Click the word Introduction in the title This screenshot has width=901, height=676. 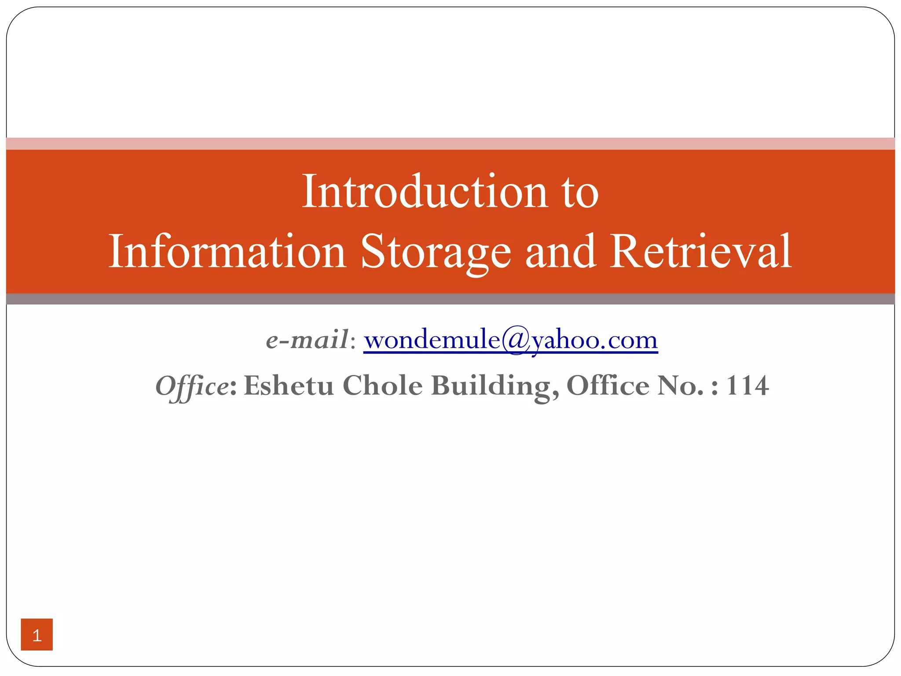[x=425, y=192]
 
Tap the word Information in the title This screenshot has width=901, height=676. [x=227, y=251]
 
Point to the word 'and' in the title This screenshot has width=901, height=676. [x=560, y=251]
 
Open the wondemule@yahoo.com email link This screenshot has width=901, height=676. [x=510, y=340]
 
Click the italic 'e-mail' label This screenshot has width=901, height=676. [x=307, y=340]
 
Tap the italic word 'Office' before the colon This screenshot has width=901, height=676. [x=192, y=386]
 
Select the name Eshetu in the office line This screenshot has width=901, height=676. [x=289, y=386]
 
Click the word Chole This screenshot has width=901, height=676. [x=382, y=386]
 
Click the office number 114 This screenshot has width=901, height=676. [x=747, y=386]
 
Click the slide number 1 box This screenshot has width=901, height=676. [x=37, y=634]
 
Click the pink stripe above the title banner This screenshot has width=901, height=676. [x=450, y=143]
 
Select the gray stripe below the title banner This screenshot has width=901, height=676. [x=450, y=299]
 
